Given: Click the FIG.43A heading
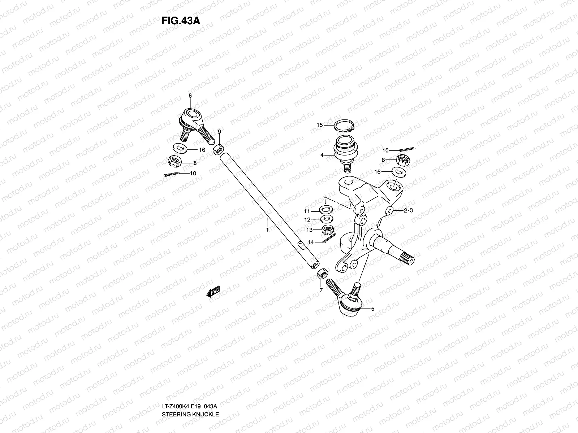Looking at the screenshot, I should (181, 20).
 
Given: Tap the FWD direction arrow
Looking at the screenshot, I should (213, 292).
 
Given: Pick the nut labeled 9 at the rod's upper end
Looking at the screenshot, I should (218, 149).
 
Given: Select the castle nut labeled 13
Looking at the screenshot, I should (327, 229).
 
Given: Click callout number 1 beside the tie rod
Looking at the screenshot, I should (267, 229).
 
